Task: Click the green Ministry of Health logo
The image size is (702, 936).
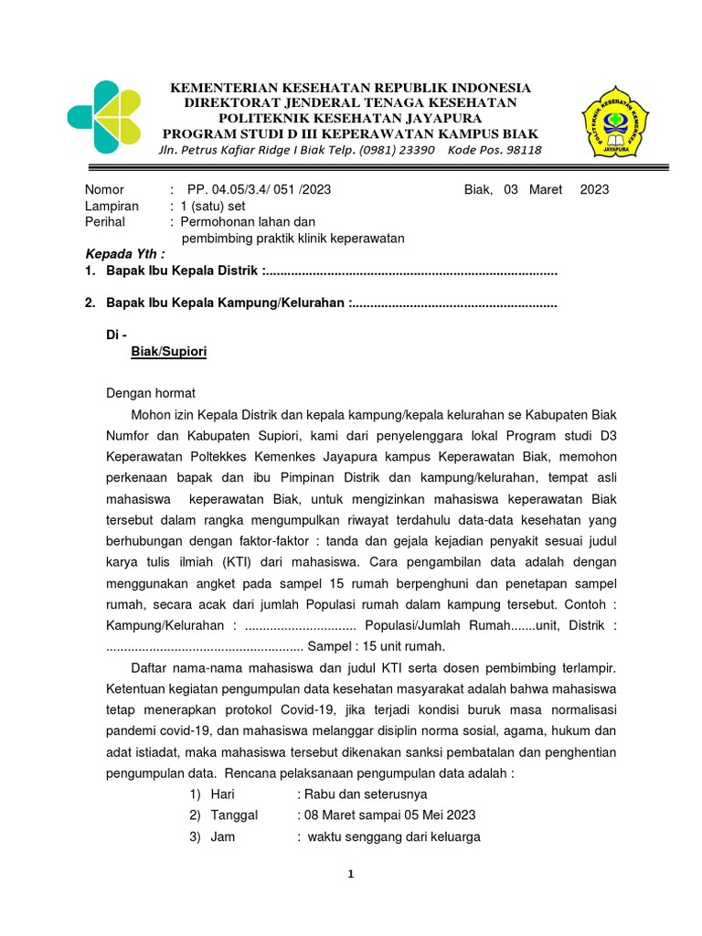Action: click(x=105, y=117)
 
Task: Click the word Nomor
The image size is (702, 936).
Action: click(x=104, y=189)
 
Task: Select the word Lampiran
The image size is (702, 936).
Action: click(x=112, y=206)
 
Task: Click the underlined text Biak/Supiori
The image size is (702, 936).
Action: click(x=169, y=351)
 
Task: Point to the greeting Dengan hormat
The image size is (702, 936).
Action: click(x=151, y=393)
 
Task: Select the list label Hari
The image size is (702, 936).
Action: click(x=222, y=794)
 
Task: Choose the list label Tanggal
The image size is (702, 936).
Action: click(x=234, y=814)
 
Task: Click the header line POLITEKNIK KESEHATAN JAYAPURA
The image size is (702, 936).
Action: click(x=351, y=118)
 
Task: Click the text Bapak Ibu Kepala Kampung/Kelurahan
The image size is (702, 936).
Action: click(x=227, y=302)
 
